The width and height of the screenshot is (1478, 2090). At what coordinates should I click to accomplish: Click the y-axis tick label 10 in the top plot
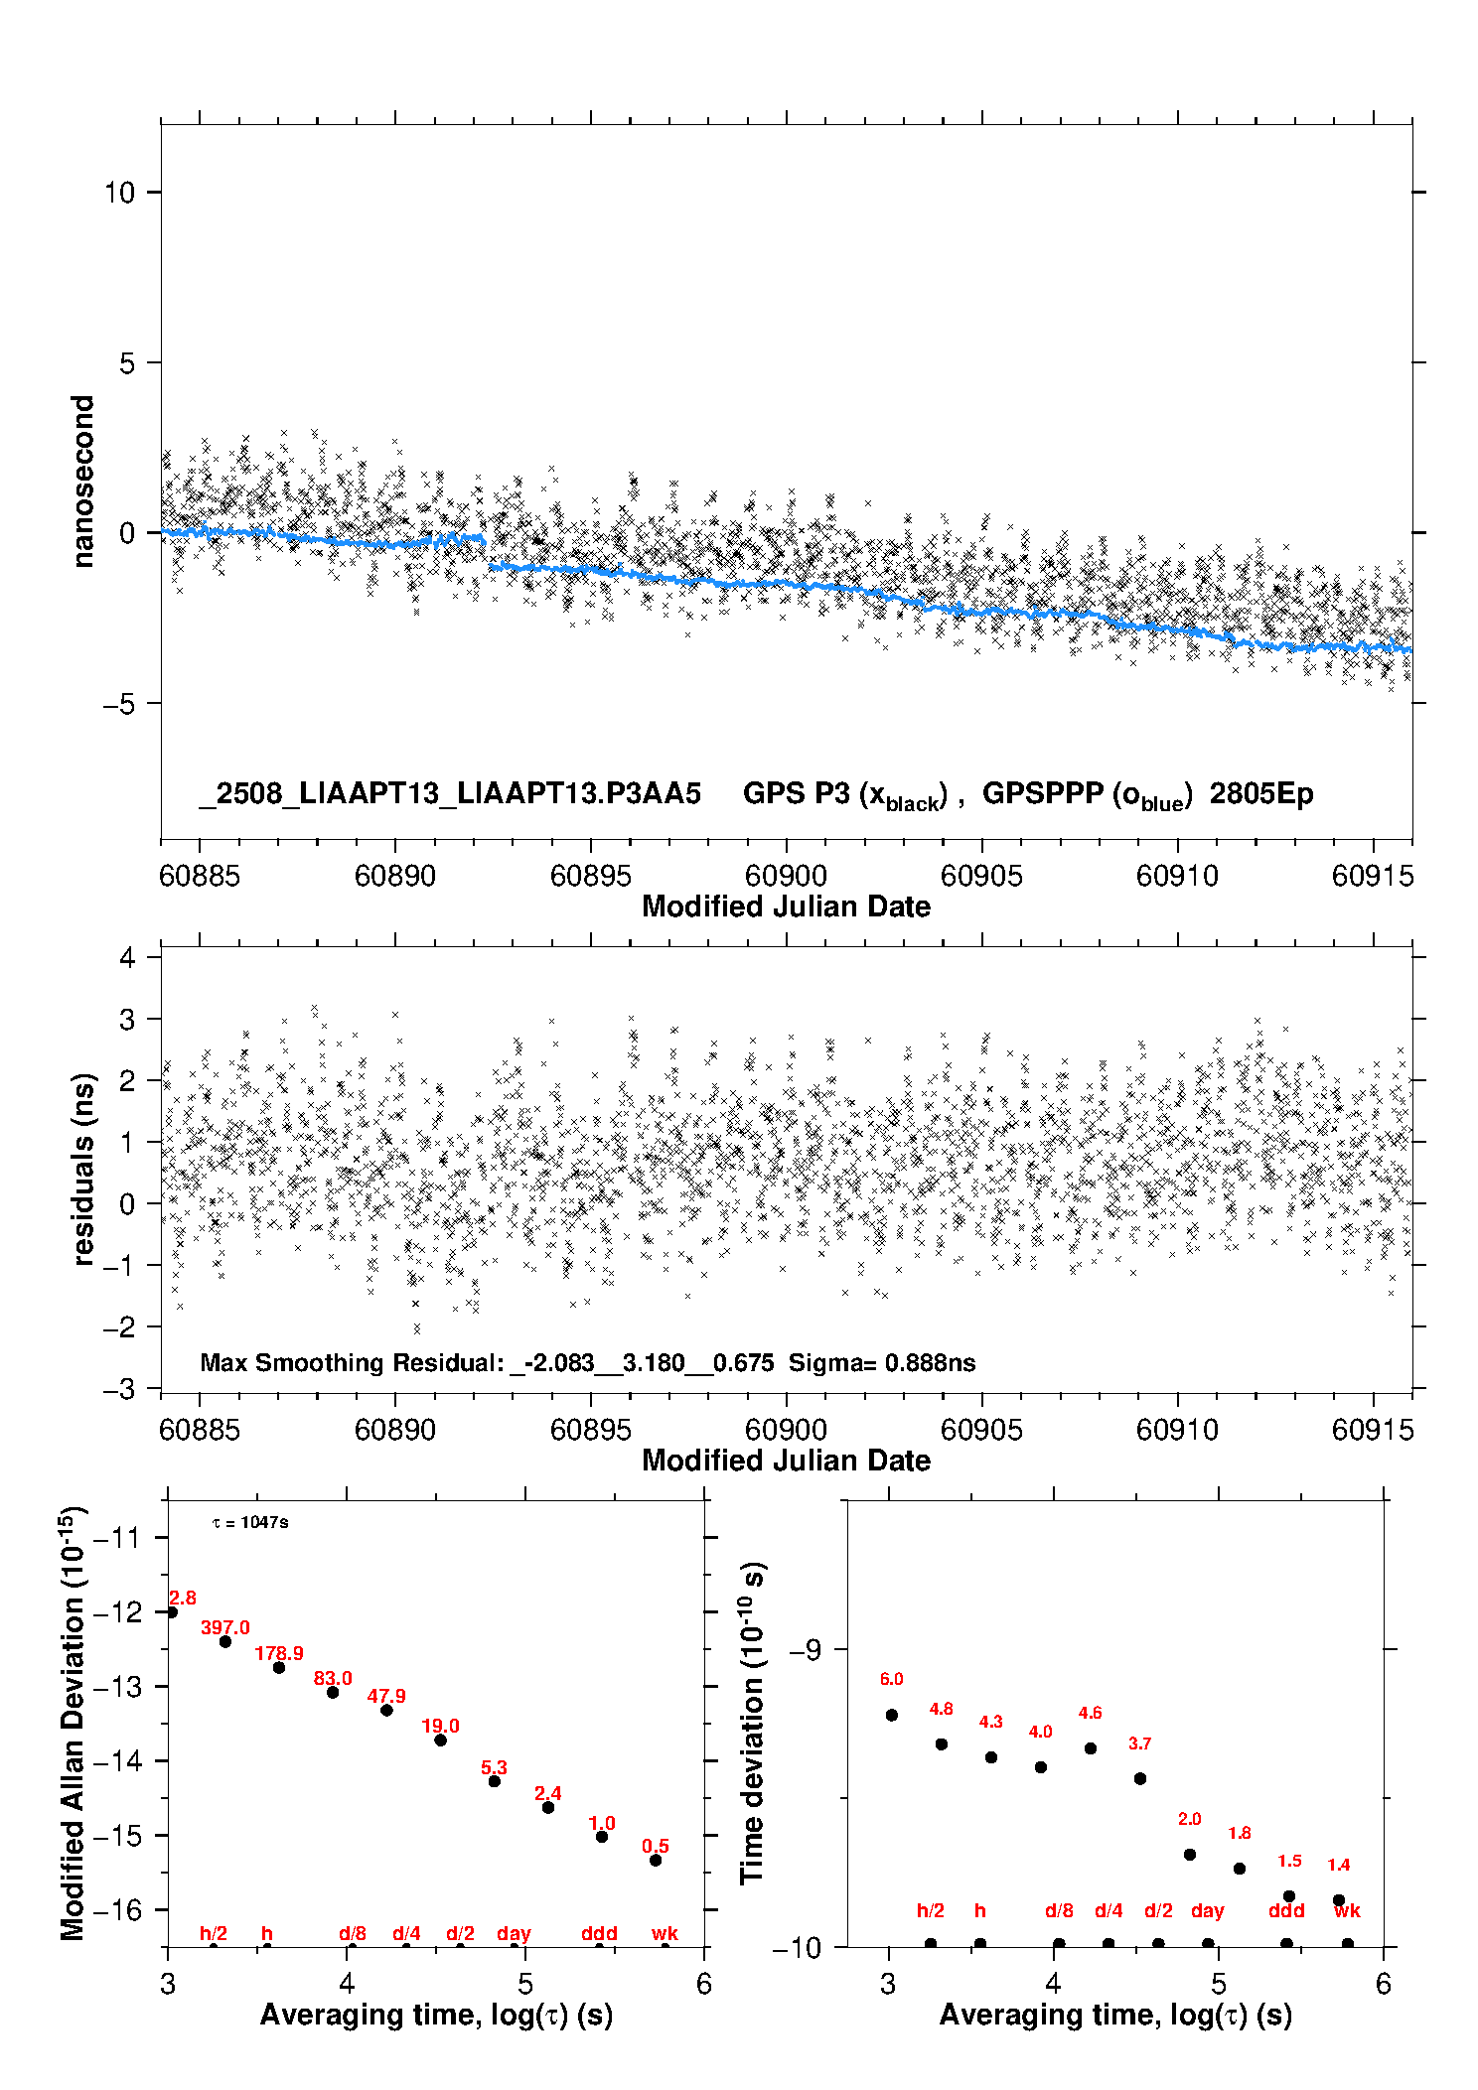119,192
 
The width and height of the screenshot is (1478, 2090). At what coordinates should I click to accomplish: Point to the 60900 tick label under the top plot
786,876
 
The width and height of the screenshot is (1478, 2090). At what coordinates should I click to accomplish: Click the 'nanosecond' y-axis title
82,482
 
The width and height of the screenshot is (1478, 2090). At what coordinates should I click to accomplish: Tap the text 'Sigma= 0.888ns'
882,1362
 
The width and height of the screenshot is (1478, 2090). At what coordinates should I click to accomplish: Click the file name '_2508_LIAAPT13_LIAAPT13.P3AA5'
450,793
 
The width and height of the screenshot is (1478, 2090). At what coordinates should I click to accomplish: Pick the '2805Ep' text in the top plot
1261,793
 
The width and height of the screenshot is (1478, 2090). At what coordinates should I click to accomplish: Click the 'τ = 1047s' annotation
250,1522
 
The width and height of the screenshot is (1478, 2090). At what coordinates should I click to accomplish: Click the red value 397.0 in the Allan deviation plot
225,1627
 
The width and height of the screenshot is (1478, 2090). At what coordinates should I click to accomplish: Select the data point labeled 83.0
333,1692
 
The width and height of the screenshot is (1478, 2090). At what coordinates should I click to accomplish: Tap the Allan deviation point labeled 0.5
656,1860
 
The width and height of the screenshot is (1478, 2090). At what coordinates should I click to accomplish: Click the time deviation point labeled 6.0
892,1715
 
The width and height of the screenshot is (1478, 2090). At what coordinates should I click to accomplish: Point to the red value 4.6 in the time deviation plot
1090,1713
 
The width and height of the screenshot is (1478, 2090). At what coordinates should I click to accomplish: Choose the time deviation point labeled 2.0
1190,1855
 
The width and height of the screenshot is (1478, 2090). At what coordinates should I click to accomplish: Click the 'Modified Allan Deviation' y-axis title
74,1723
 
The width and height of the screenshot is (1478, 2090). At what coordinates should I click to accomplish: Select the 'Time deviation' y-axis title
753,1724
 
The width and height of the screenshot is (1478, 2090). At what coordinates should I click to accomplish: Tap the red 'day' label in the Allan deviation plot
514,1934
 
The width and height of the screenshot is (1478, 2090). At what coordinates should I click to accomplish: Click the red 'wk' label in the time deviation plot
1347,1911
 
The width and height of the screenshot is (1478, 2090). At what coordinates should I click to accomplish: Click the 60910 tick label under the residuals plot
1177,1430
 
